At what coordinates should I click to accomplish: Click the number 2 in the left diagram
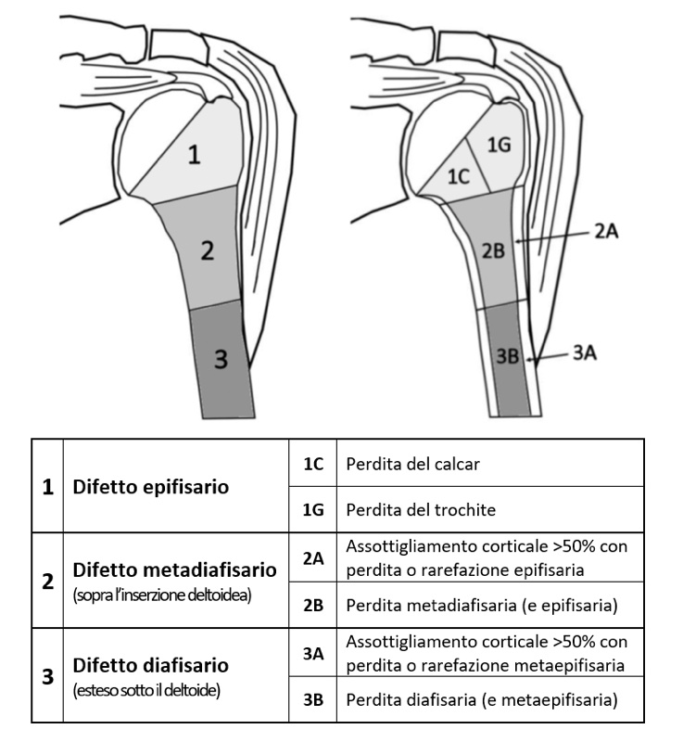pos(209,250)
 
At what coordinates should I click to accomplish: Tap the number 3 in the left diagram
pos(220,360)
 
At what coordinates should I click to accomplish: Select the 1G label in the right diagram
pos(499,144)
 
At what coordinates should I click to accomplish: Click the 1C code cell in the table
pos(313,463)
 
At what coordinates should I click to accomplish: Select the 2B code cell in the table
pos(313,605)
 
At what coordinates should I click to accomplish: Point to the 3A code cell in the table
pos(313,653)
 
